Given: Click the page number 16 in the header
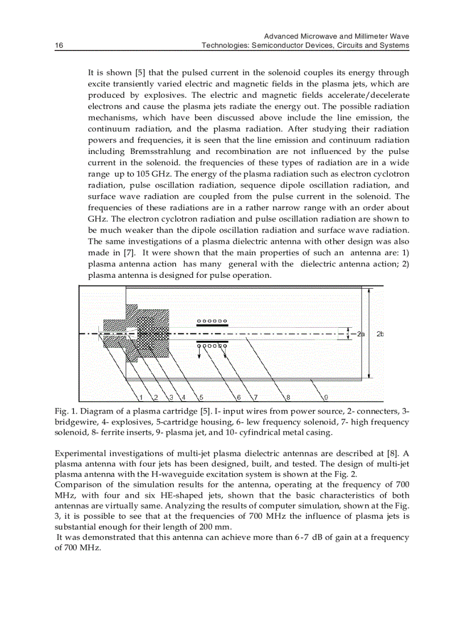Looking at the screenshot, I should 59,45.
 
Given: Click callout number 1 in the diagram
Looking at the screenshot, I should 140,397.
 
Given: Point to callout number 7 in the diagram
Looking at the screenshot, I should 255,397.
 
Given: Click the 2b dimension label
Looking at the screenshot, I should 380,334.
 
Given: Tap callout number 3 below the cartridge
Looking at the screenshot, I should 170,397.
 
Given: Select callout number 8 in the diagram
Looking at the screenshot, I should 288,397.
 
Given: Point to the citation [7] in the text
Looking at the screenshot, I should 125,253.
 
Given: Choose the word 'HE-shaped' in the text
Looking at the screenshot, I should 159,496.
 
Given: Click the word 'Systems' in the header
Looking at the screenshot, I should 396,45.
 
